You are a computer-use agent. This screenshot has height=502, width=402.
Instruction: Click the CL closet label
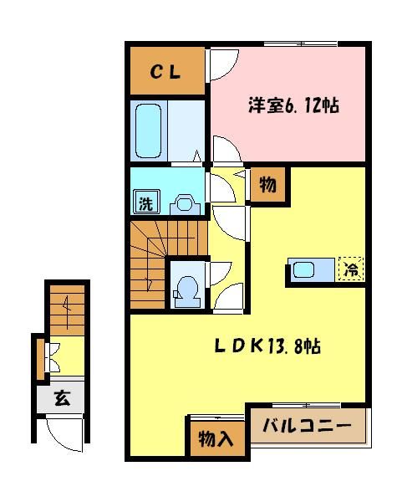(165, 72)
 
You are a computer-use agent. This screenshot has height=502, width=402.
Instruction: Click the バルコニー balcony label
(307, 426)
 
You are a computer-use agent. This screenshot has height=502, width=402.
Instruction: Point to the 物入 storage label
(216, 438)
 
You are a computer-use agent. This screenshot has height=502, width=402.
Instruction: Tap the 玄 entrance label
(62, 398)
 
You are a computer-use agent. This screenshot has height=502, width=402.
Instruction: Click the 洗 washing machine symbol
(145, 202)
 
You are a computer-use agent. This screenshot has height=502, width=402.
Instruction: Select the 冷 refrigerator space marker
(350, 270)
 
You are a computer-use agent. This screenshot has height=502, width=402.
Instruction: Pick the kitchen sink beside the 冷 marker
(304, 270)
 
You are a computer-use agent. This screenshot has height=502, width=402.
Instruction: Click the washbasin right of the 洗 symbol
(184, 202)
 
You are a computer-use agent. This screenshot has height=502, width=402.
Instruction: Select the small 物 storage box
(268, 185)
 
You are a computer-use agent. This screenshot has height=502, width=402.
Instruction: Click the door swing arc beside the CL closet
(221, 65)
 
